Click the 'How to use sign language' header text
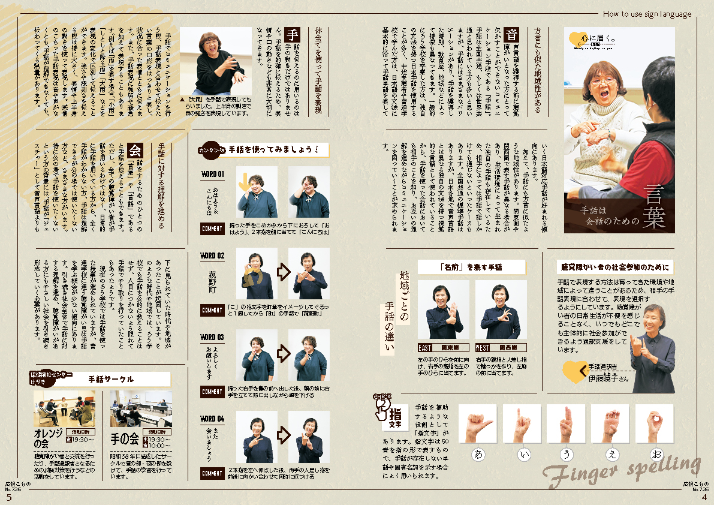coord(647,14)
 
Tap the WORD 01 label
coord(212,175)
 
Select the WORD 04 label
coord(212,419)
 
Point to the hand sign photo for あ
coord(478,423)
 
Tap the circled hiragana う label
coord(567,454)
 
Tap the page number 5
coord(8,497)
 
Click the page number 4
coord(705,497)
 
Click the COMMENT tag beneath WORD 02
coord(212,310)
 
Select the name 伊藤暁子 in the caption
coord(608,378)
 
